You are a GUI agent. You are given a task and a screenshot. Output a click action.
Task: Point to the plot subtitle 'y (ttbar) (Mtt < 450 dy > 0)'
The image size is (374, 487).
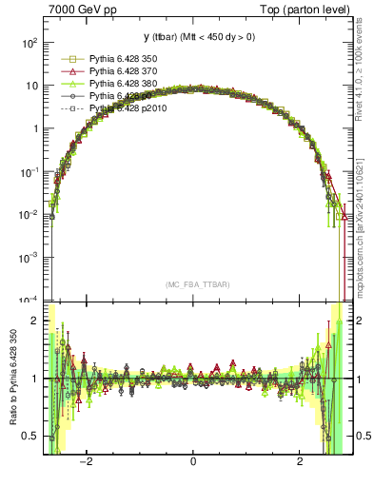[x=192, y=37]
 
